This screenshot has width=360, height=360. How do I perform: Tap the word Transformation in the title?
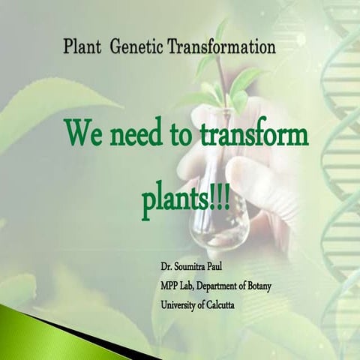226,48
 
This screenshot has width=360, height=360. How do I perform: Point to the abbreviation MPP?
169,285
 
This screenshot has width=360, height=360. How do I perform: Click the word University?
179,304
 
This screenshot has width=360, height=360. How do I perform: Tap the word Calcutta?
229,304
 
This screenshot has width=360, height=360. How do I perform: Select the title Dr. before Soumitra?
166,266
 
